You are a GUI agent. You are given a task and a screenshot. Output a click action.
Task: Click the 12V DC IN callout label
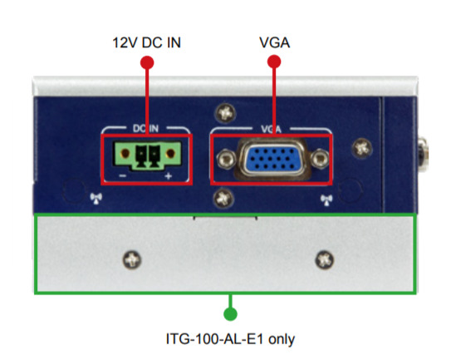click(x=147, y=42)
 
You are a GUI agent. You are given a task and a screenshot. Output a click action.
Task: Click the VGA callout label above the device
click(x=274, y=42)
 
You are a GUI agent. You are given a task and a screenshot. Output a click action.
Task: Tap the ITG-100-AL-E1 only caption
click(x=230, y=339)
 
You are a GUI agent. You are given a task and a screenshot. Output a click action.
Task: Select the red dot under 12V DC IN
click(x=147, y=62)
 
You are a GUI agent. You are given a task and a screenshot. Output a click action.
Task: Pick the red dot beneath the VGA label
click(x=274, y=62)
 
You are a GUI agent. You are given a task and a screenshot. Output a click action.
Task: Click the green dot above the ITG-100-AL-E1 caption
click(x=230, y=314)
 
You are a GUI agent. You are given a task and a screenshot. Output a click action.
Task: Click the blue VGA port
click(x=272, y=159)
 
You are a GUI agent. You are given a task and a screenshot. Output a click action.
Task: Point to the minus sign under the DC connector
click(x=123, y=175)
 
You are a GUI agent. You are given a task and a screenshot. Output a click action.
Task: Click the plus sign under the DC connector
click(x=169, y=176)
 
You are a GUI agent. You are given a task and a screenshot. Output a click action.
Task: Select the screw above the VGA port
click(x=225, y=112)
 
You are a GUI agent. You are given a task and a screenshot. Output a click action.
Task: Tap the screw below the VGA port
click(x=223, y=199)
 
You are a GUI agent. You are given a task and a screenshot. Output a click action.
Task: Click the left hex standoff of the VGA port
click(x=227, y=160)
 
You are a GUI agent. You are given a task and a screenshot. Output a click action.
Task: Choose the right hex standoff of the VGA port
click(x=319, y=159)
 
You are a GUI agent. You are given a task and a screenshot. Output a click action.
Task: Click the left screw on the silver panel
click(x=132, y=259)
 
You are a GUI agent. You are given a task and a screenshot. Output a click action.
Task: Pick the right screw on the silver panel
click(x=325, y=259)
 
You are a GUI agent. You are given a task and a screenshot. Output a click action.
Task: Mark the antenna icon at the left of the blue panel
click(x=96, y=198)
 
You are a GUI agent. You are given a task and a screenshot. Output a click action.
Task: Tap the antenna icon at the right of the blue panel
click(x=326, y=200)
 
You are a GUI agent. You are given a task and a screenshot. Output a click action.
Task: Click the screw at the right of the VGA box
click(x=362, y=148)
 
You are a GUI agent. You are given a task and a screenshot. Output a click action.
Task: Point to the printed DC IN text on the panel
click(x=145, y=128)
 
